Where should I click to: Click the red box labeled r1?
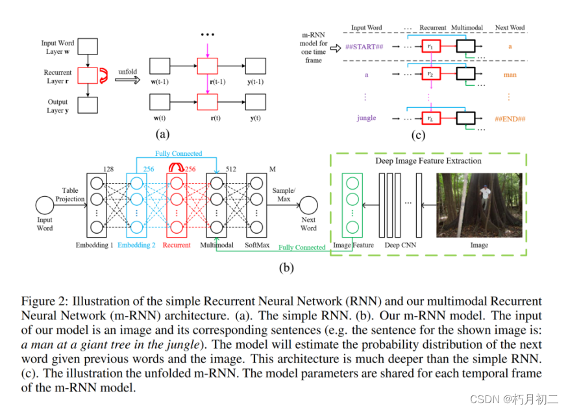pos(430,47)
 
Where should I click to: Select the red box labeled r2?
pos(430,75)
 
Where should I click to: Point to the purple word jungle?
pos(366,118)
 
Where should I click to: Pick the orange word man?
pos(510,75)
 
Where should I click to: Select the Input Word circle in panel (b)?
pos(45,206)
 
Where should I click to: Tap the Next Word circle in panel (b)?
pos(308,206)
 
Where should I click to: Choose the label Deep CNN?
pos(401,245)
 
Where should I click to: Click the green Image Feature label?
pos(353,245)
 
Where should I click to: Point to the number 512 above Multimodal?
pos(230,169)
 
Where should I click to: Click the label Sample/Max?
pos(282,193)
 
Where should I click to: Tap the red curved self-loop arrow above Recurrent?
pos(175,168)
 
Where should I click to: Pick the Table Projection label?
pos(70,195)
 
